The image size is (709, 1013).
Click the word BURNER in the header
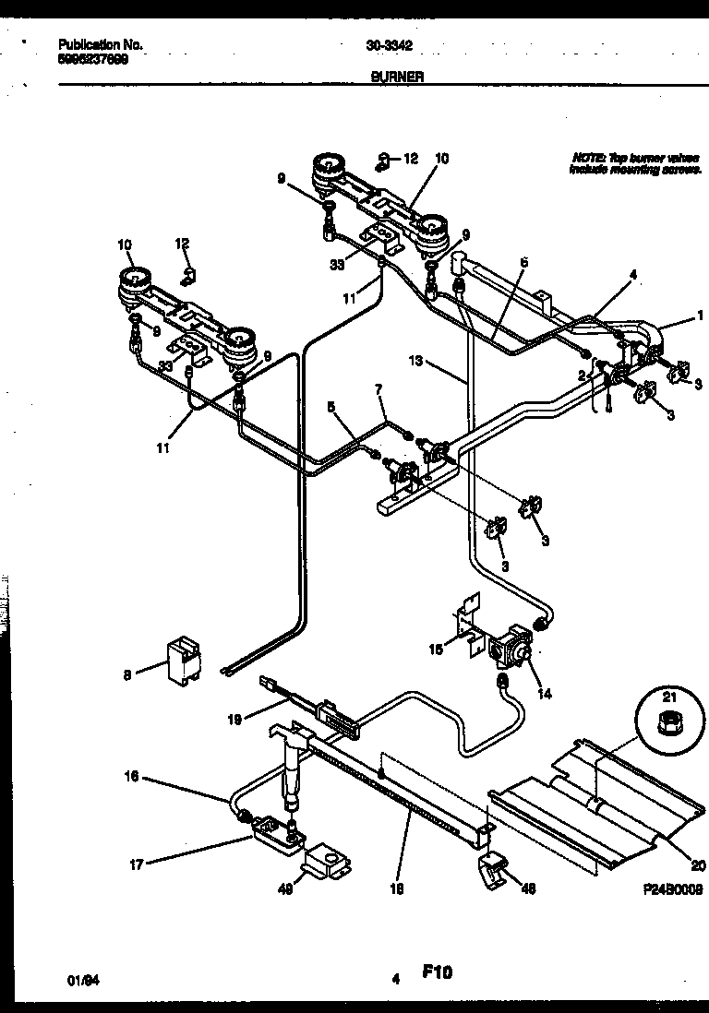(398, 78)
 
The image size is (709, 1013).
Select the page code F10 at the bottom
(438, 971)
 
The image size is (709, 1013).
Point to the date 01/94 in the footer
(84, 980)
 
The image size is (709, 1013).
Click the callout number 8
(126, 673)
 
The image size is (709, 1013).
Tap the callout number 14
(545, 694)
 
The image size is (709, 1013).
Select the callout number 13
(416, 362)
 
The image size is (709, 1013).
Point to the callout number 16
(132, 777)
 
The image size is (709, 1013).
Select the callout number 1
(701, 316)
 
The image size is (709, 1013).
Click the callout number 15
(438, 650)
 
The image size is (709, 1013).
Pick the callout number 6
(523, 262)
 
